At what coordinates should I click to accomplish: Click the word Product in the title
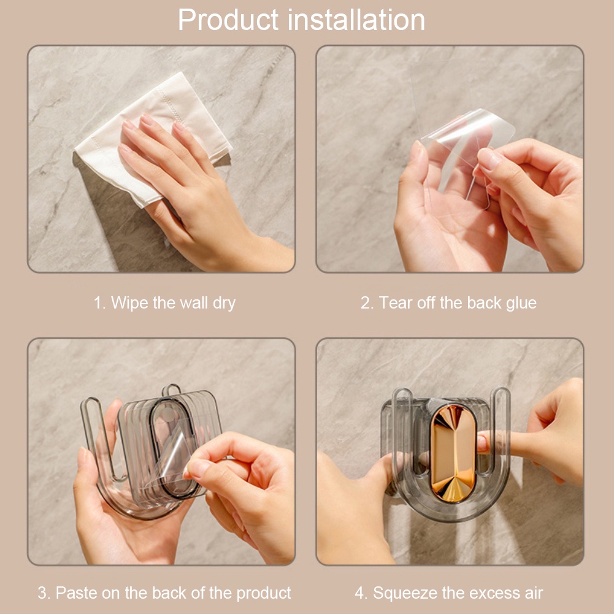coord(228,20)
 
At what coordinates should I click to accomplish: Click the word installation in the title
coord(358,20)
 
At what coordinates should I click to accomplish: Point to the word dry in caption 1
coord(224,304)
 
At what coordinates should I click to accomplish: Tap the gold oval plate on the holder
coord(453,453)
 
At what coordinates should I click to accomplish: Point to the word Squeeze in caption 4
coord(405,594)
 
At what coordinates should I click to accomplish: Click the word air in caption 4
coord(534,593)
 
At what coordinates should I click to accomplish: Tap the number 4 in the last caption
coord(359,593)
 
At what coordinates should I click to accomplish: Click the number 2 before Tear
coord(366,303)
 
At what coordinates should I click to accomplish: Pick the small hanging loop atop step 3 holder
coord(172,390)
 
